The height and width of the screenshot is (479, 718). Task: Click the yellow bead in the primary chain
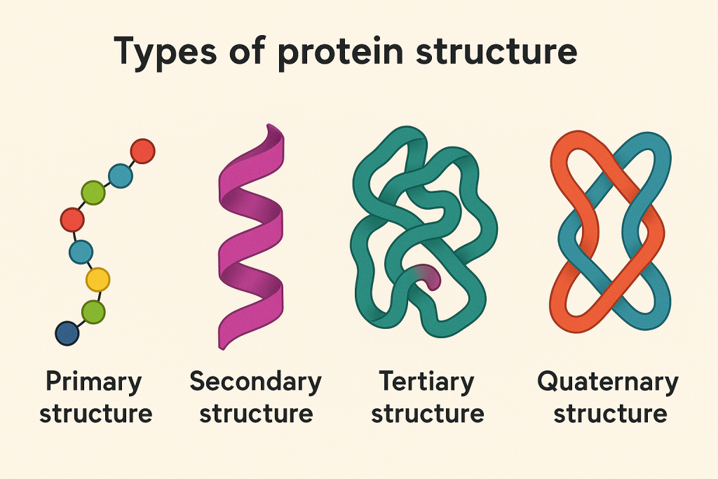point(98,280)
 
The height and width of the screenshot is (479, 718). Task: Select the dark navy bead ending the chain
point(67,333)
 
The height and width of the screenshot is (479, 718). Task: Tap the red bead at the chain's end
point(142,151)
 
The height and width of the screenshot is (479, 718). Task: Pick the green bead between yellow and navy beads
point(93,312)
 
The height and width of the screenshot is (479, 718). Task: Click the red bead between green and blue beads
point(72,220)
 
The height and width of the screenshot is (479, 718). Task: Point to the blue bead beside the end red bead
point(121,176)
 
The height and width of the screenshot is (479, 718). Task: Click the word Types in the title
point(165,52)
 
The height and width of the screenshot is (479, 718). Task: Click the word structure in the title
point(497,51)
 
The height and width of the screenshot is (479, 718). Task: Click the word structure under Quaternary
point(610,413)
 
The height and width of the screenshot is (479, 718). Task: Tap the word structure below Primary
point(95,413)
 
